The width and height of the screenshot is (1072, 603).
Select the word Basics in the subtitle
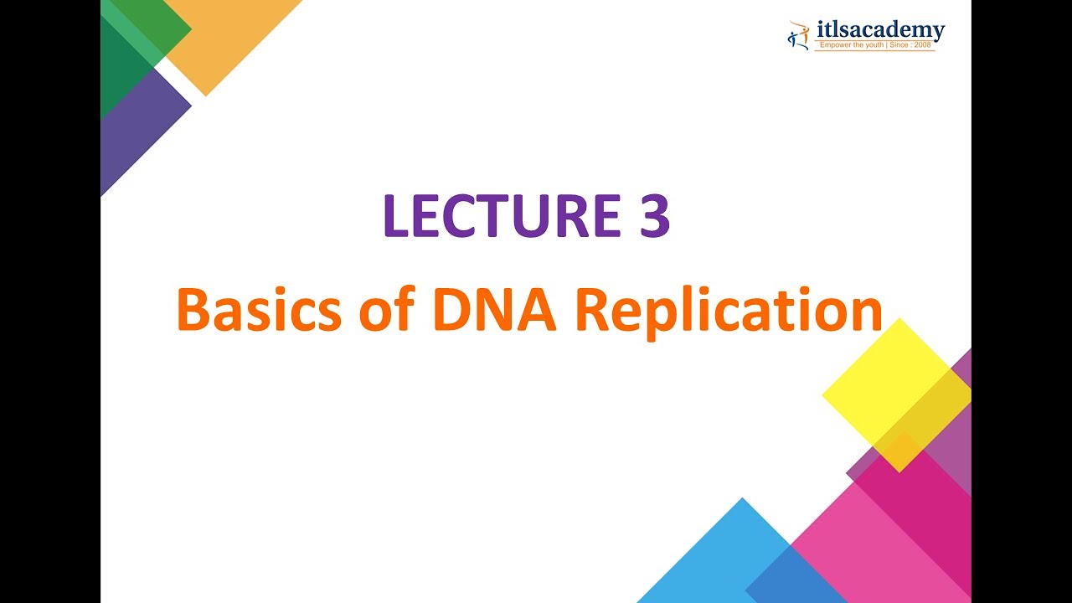259,311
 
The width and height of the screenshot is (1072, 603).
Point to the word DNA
495,311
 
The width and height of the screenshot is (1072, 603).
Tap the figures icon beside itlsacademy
798,34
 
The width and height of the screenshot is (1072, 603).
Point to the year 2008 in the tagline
923,45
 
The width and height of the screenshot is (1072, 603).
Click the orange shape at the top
226,33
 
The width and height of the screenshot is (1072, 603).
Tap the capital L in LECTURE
397,217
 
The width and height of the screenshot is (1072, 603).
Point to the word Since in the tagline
901,45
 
